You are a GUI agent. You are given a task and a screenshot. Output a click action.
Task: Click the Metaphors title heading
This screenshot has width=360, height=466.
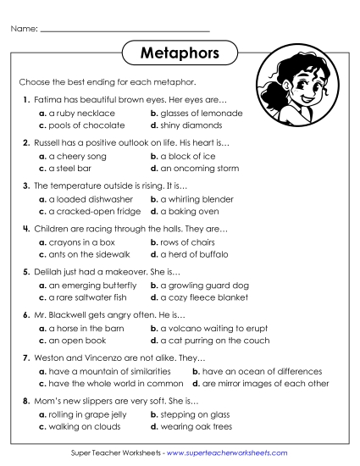180,53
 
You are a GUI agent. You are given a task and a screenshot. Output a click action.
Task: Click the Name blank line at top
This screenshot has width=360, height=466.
125,31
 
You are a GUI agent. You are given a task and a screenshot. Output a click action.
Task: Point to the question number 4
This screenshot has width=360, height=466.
26,229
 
